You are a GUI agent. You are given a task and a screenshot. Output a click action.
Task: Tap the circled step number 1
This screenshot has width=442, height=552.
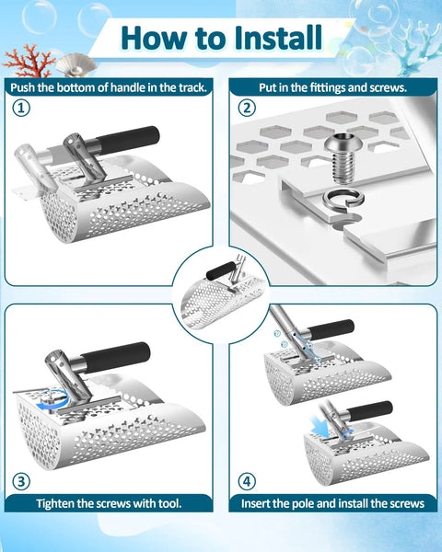tap(21, 108)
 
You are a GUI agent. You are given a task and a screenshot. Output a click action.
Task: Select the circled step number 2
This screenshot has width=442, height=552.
tap(247, 108)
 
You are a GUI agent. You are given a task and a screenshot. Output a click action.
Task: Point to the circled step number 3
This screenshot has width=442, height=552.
tap(21, 481)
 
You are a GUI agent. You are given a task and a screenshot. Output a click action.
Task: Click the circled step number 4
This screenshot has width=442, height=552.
tap(247, 481)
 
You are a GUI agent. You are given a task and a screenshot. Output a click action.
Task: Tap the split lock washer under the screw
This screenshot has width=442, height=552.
tap(343, 200)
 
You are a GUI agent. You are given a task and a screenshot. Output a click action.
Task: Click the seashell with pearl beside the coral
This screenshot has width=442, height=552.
tap(76, 64)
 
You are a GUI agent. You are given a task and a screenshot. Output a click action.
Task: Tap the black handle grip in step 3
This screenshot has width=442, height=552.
tap(116, 357)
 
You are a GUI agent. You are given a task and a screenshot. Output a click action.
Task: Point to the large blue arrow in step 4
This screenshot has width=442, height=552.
tap(319, 426)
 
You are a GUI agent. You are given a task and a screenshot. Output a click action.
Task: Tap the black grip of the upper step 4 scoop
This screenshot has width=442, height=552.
tap(331, 329)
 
